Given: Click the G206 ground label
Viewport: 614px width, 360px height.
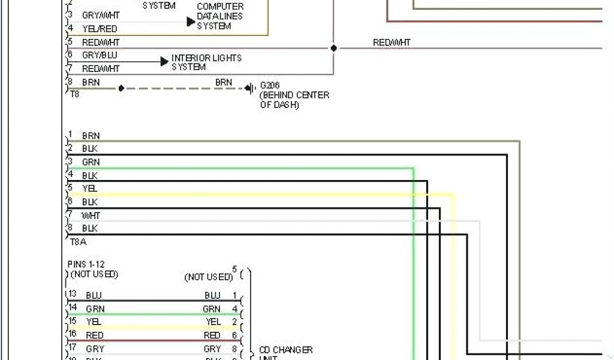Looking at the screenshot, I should pos(270,85).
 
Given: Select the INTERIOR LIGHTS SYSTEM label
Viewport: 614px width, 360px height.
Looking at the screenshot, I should pos(206,62).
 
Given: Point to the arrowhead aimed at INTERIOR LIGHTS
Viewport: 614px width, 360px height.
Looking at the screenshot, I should pos(164,61).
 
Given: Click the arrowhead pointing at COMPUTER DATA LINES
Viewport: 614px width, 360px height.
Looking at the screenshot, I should pos(191,22).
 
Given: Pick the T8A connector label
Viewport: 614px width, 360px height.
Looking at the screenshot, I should pos(78,242).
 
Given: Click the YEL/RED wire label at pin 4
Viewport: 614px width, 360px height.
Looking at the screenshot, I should pos(100,28).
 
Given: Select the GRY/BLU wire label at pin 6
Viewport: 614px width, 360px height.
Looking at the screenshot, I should pos(100,55).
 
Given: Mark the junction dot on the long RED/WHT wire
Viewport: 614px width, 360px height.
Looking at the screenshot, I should pos(333,48).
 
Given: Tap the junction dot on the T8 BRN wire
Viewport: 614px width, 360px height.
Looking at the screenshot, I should pos(121,88).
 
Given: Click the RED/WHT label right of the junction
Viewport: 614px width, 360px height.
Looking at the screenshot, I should pos(392,43).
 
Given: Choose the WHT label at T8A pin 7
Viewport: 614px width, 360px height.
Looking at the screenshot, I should pos(91,215).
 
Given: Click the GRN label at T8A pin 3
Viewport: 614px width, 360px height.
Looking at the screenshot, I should pos(91,162).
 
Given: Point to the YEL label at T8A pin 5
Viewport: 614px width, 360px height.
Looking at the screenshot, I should pos(90,188).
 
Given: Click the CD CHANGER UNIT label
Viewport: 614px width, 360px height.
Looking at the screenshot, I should pos(285,353).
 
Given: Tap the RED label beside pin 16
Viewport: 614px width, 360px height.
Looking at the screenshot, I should pos(95,335).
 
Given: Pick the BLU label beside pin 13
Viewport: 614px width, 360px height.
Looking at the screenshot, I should pos(94,295).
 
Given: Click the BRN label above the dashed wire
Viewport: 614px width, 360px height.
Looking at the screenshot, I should pos(224,82).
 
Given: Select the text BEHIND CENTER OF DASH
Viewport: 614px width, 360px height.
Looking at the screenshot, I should pos(294,100).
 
